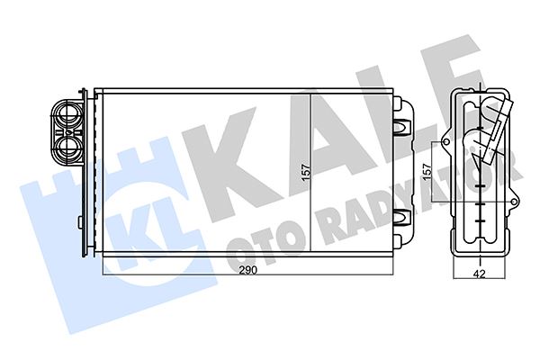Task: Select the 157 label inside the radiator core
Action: tap(304, 170)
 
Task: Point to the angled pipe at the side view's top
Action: tap(493, 126)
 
